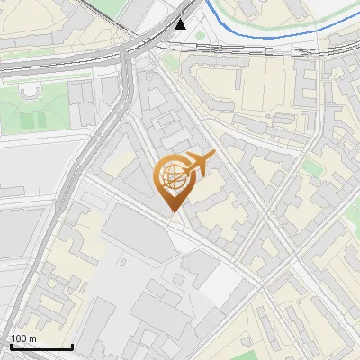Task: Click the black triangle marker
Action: click(x=183, y=24)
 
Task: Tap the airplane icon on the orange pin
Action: click(x=199, y=165)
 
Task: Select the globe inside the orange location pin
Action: click(x=172, y=176)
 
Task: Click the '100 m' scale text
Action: click(x=24, y=338)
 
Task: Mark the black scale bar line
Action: click(x=41, y=346)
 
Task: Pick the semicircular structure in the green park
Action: click(x=31, y=93)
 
